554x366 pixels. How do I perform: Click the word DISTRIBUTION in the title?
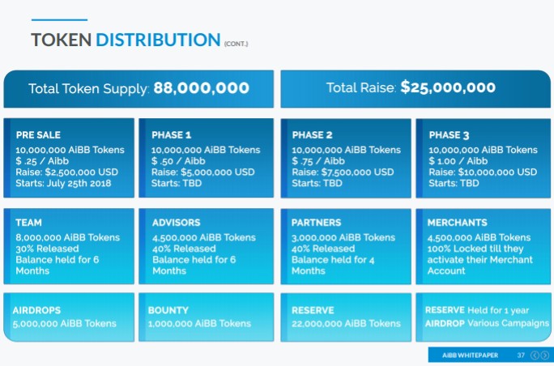point(157,40)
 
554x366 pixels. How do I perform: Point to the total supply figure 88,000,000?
point(201,88)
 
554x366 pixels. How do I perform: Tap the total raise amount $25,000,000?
point(448,88)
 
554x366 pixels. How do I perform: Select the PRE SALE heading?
point(38,135)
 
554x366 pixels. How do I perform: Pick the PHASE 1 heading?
point(172,135)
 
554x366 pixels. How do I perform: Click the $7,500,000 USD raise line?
point(343,172)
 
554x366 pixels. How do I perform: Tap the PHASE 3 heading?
point(449,135)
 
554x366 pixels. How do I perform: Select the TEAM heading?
point(28,223)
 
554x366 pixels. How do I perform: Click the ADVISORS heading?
point(177,223)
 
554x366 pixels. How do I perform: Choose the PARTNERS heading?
point(317,223)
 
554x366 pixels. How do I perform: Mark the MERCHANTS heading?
point(458,223)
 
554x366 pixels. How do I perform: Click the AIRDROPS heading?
point(37,310)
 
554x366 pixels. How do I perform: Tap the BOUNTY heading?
point(168,310)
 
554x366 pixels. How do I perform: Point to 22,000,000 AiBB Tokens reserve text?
point(346,324)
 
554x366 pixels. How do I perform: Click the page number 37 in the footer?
point(521,355)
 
